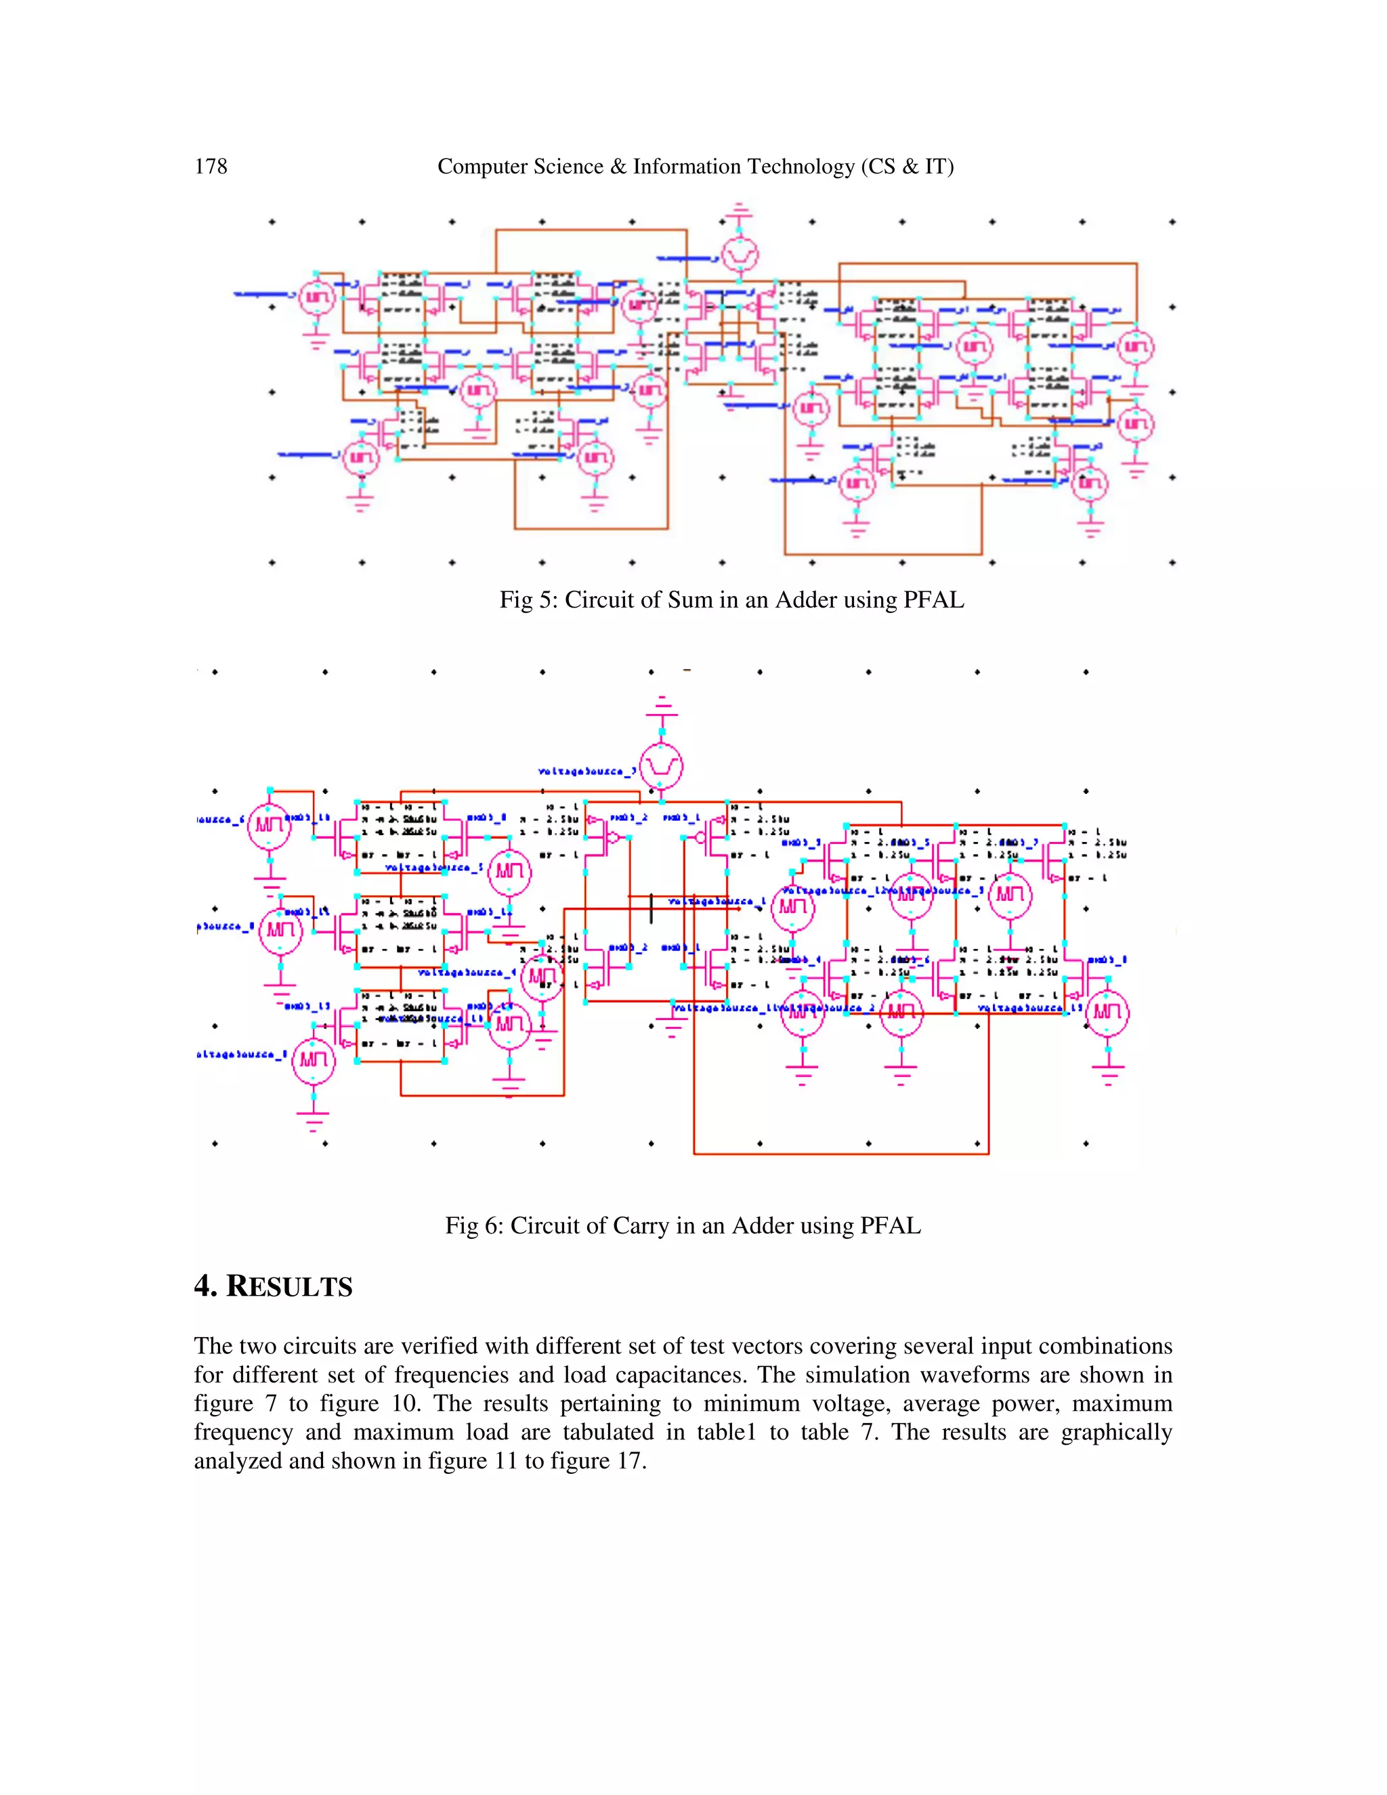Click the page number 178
point(211,167)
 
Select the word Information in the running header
point(685,167)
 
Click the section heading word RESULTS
point(289,1287)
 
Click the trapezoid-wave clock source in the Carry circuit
point(662,767)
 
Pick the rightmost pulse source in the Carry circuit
point(1107,1012)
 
